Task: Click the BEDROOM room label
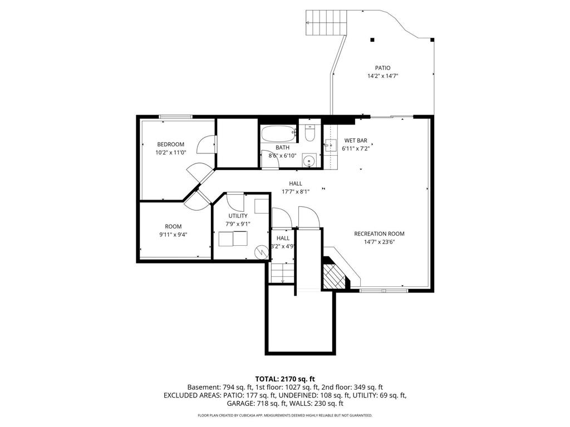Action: click(x=170, y=145)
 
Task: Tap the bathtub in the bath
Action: click(x=278, y=134)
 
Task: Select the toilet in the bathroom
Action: click(x=310, y=133)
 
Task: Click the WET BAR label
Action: click(x=356, y=141)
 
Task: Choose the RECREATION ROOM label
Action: click(x=379, y=234)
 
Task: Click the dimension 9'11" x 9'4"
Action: click(x=173, y=235)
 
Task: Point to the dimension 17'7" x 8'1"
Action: click(x=295, y=191)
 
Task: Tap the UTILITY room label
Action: click(x=238, y=216)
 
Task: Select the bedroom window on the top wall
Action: click(x=175, y=117)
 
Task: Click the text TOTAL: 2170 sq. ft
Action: click(x=284, y=378)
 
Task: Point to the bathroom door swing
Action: click(x=264, y=160)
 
